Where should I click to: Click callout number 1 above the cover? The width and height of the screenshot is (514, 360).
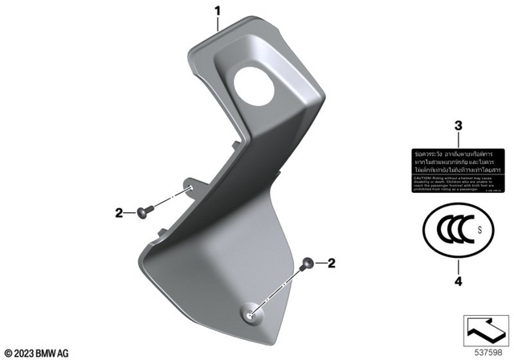click(x=216, y=10)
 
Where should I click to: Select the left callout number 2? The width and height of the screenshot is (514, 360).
click(x=119, y=213)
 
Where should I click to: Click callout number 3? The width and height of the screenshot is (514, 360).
click(x=458, y=126)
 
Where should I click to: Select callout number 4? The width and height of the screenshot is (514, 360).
click(x=458, y=282)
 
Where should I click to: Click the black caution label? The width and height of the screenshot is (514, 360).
click(x=457, y=171)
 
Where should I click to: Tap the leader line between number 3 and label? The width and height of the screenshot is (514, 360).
click(x=458, y=140)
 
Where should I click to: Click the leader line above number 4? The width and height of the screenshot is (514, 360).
click(x=458, y=266)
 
